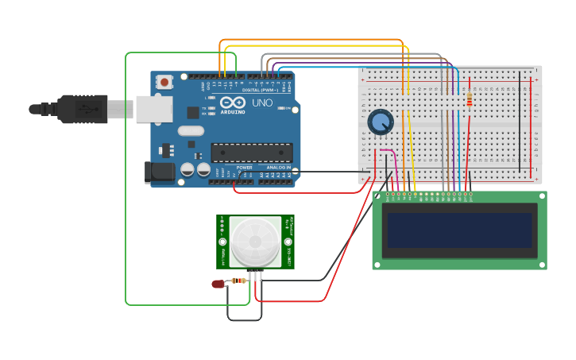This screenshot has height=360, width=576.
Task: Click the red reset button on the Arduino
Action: point(164,82)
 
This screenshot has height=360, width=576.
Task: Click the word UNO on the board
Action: point(262,103)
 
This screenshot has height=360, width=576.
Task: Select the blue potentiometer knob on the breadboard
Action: point(381,122)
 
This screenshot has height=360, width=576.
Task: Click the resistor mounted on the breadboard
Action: point(470,99)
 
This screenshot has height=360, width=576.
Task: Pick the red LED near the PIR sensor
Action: point(218,284)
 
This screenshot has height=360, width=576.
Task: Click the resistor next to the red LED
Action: point(239,280)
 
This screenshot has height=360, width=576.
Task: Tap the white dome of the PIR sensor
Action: point(256,242)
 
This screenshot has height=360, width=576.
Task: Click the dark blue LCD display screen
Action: point(459,230)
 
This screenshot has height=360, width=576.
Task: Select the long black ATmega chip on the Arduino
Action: point(251,153)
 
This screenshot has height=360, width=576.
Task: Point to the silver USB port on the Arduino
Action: point(154,109)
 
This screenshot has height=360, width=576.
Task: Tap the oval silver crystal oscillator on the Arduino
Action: point(191,131)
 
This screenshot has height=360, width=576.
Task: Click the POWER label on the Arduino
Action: point(245,168)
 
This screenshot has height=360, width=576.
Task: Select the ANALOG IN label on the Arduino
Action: point(278,168)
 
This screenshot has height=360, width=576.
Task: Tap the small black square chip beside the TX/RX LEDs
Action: point(192,112)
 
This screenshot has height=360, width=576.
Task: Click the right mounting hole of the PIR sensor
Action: point(288,242)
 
